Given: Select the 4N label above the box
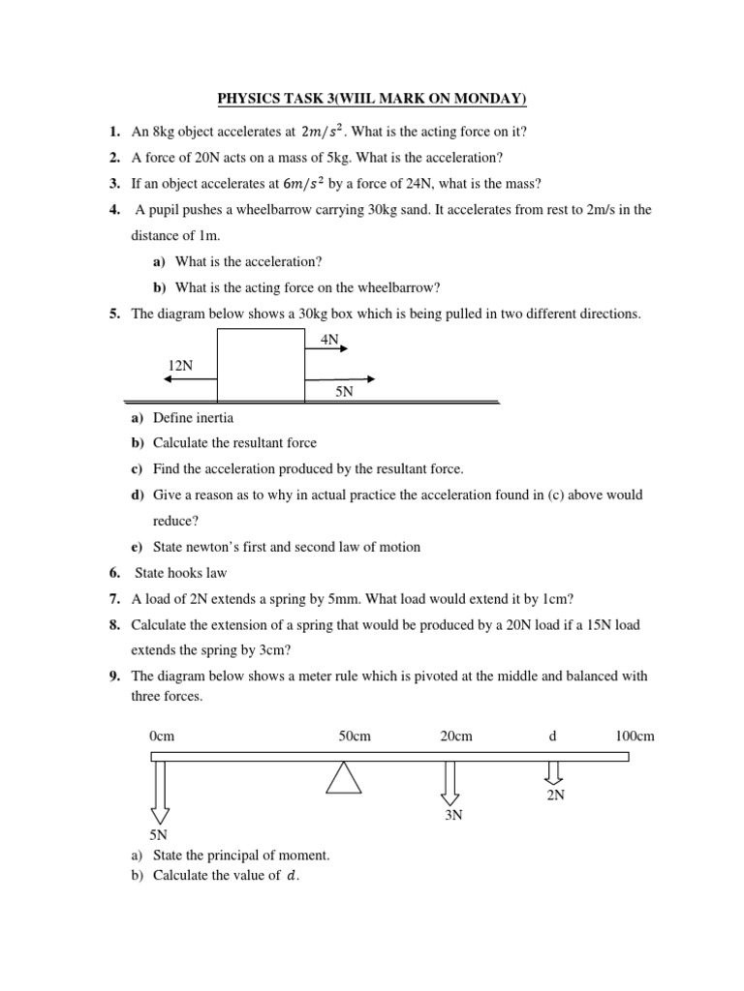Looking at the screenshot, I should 330,340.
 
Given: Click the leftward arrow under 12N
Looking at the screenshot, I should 190,379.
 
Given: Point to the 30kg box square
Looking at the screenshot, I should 261,365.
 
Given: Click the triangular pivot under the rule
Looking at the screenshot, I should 344,777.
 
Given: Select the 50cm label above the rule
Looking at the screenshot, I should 355,736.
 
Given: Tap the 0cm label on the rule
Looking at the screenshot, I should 162,736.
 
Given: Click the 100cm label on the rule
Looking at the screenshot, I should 635,736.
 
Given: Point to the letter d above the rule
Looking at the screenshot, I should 552,736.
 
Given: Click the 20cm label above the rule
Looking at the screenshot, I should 455,736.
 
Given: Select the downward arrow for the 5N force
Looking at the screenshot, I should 160,792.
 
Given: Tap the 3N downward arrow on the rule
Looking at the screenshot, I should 450,782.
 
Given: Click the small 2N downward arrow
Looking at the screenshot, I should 553,771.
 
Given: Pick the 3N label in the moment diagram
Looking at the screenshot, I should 453,815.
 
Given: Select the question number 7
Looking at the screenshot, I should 113,599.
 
